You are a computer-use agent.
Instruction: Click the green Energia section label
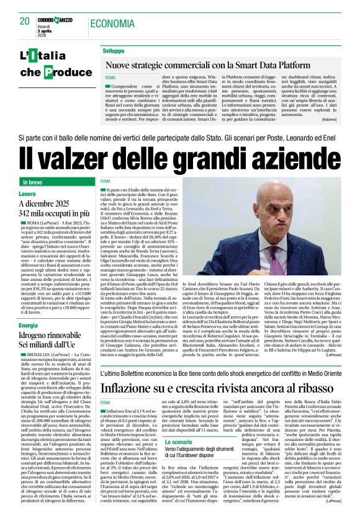pos(29,324)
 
